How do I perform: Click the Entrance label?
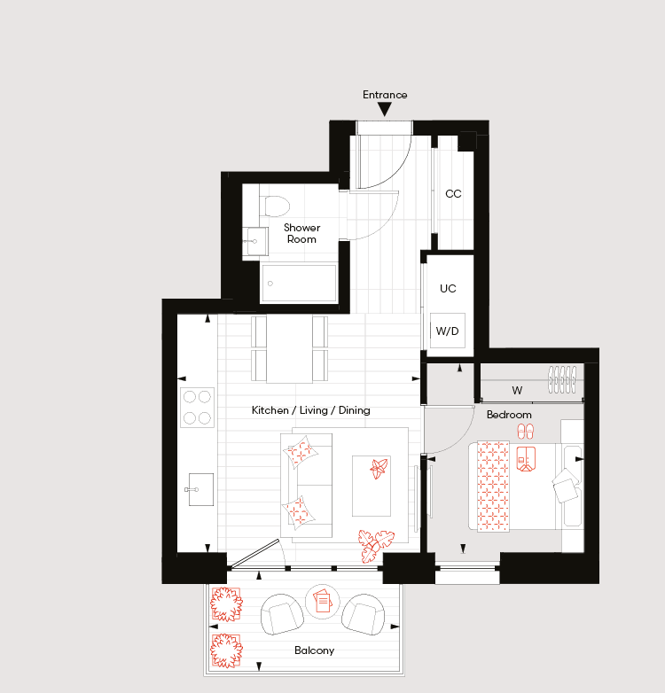tap(385, 95)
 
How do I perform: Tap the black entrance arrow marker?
tap(385, 109)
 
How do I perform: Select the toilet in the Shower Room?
tap(277, 206)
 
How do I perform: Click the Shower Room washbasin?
tap(255, 241)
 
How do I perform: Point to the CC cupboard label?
tap(453, 193)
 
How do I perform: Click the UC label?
tap(448, 289)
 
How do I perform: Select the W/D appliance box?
tap(448, 331)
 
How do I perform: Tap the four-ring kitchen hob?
tap(197, 408)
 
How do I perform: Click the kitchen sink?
tap(200, 489)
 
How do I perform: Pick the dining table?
tap(289, 348)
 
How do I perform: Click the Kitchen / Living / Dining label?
tap(311, 410)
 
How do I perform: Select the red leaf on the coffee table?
tap(379, 469)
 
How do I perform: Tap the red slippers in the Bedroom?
tap(526, 432)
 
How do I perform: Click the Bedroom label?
tap(509, 415)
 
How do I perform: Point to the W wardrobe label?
tap(517, 390)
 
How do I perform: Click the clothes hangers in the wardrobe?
tap(562, 379)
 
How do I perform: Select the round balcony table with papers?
tap(323, 601)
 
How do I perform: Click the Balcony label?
tap(315, 650)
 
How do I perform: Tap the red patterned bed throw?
tap(493, 487)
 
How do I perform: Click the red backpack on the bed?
tap(526, 459)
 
